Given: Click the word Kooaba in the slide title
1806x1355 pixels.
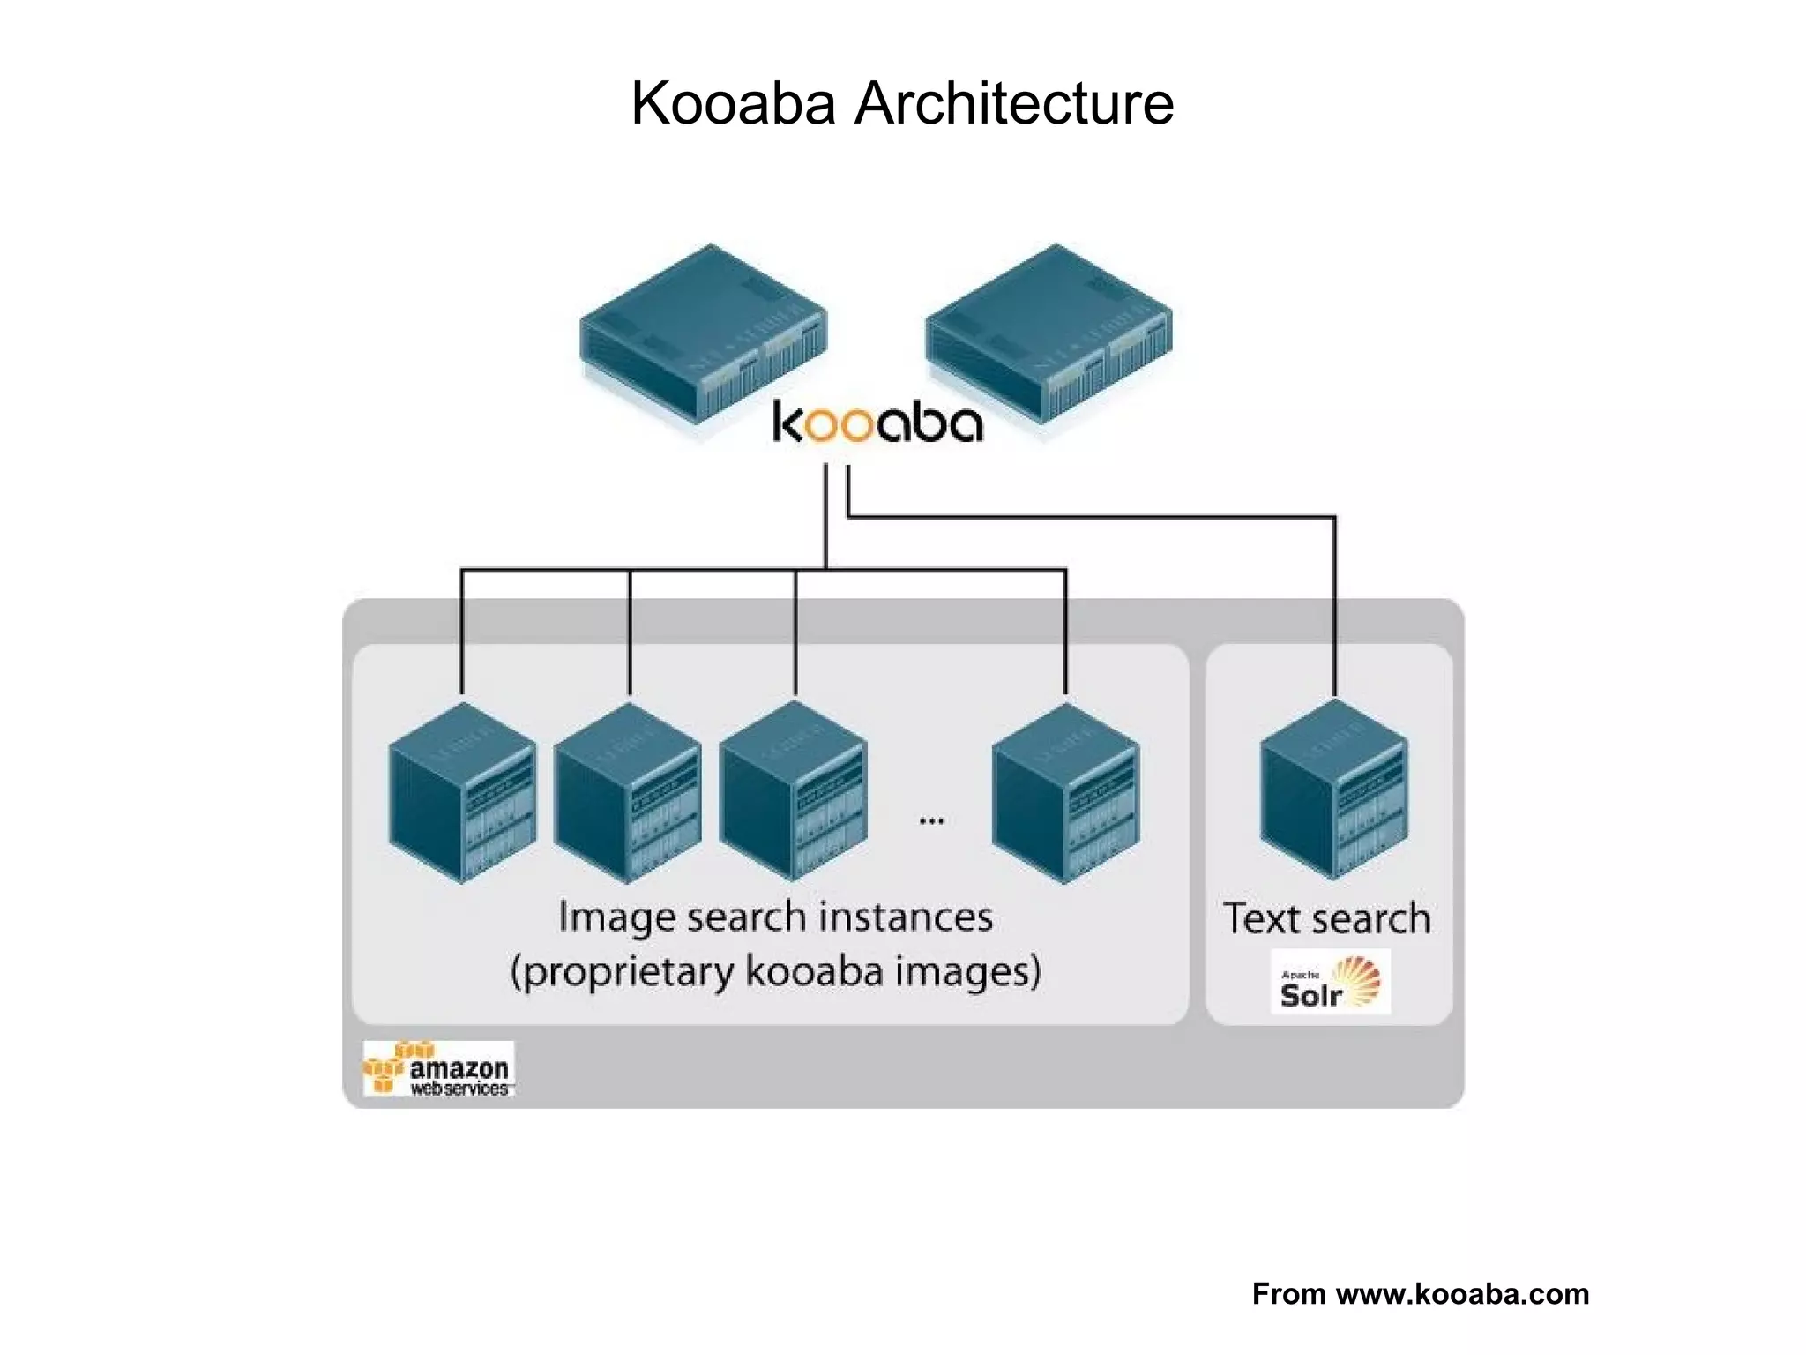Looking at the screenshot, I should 733,104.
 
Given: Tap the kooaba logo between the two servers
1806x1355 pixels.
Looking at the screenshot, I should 877,423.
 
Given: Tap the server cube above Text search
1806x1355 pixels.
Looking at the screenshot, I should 1333,790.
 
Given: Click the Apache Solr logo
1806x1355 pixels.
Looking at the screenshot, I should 1330,983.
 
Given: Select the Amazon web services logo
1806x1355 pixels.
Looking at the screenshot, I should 438,1069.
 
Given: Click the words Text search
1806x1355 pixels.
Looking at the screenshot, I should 1326,919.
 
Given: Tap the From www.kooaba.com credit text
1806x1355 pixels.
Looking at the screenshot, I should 1420,1294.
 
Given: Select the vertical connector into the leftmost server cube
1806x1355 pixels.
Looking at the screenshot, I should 461,631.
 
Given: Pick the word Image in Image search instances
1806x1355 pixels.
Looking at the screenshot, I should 616,917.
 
